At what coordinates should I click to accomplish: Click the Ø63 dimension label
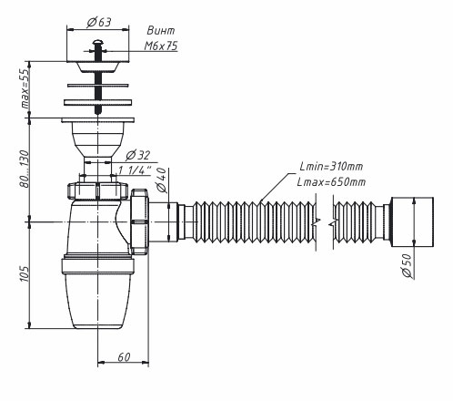pos(99,22)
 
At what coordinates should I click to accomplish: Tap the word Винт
pos(161,31)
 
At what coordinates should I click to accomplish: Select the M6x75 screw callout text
pos(161,46)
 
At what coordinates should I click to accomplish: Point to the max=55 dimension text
pos(25,87)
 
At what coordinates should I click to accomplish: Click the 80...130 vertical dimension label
pos(25,169)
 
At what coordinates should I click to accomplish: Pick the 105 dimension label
pos(25,273)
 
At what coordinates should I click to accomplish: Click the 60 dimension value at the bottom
pos(124,357)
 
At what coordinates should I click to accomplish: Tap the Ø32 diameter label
pos(138,155)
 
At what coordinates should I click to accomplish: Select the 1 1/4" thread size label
pos(135,170)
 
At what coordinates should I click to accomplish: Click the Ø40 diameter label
pos(162,180)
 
